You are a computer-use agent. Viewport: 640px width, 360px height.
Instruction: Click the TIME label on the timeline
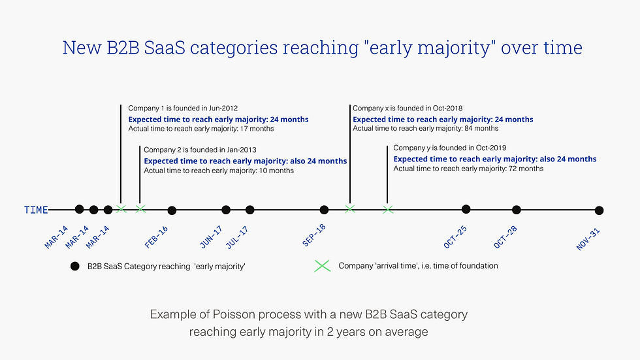[36, 210]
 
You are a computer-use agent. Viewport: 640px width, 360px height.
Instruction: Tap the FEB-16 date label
[156, 237]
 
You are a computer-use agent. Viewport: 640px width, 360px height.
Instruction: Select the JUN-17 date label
[211, 237]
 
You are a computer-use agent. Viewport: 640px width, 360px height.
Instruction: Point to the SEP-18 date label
[314, 235]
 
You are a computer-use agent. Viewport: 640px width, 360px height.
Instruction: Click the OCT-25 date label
[455, 237]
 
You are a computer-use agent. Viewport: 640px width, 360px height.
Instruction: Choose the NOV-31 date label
[588, 239]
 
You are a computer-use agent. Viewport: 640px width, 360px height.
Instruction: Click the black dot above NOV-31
[599, 210]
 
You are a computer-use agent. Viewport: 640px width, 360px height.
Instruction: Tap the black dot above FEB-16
[172, 210]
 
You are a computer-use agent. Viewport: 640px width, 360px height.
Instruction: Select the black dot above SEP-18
[324, 210]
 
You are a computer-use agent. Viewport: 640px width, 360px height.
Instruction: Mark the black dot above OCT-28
[517, 210]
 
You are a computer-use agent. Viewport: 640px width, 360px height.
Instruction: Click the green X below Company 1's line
[121, 209]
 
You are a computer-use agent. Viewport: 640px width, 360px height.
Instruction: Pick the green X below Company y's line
[388, 210]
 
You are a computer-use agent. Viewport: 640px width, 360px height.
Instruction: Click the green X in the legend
[322, 266]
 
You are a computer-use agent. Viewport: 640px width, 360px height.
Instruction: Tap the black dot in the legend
[74, 266]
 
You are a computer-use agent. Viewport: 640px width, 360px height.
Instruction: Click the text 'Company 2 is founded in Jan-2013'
[200, 150]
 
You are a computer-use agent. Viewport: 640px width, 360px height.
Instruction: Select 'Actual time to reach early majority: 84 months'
[425, 128]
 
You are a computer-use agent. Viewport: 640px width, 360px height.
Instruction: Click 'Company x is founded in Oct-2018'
[408, 108]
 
